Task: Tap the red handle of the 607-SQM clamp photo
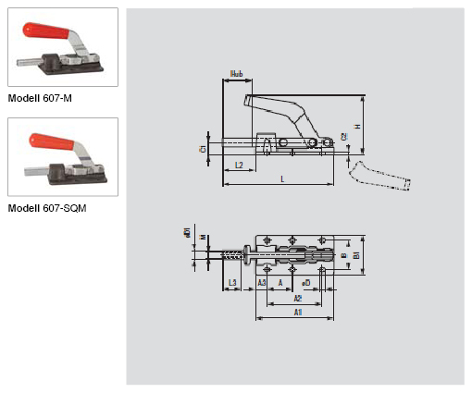[51, 142]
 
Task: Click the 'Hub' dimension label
[237, 73]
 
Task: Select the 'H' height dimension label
[356, 125]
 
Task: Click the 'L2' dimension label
[238, 165]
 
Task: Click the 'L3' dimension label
[233, 281]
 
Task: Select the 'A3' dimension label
[262, 281]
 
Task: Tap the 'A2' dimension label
[297, 299]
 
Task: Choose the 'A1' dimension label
[297, 313]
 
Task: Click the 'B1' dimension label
[356, 254]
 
